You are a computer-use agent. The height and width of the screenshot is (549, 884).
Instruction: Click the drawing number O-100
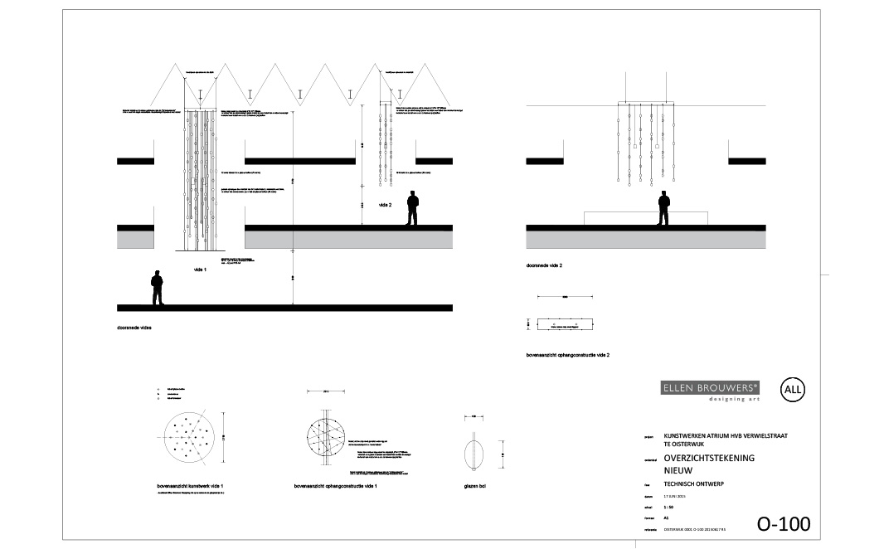coord(783,524)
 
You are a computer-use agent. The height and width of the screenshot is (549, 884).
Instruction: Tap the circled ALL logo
coord(794,389)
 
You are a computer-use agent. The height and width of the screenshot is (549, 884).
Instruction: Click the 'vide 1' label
coord(199,270)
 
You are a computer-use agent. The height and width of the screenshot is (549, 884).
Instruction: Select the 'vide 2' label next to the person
coord(385,204)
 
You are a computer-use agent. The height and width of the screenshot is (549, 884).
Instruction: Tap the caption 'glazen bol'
coord(475,486)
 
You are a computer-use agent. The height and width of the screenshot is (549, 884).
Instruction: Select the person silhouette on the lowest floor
coord(157,289)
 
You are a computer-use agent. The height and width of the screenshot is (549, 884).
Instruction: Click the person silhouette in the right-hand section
coord(663,208)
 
